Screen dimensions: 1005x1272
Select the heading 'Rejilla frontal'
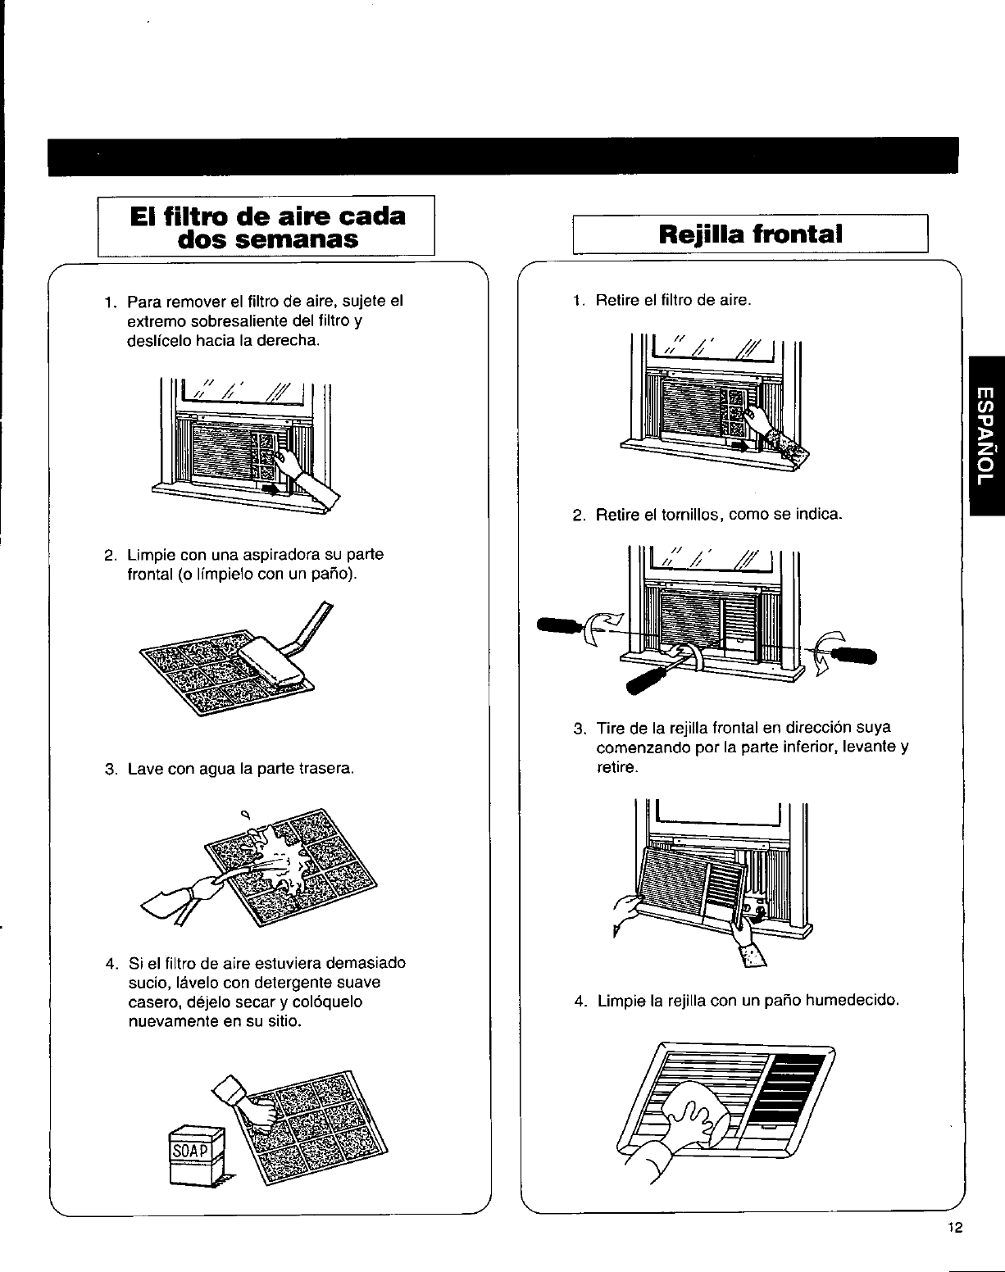click(x=750, y=234)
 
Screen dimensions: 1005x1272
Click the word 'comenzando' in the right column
click(x=636, y=747)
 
